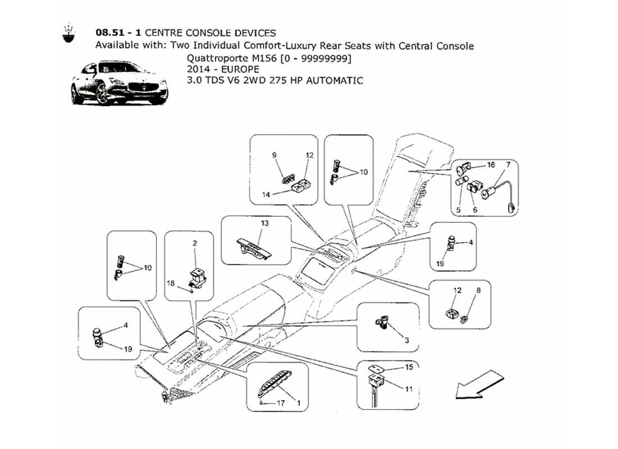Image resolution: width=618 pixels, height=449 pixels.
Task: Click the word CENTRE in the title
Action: [x=164, y=33]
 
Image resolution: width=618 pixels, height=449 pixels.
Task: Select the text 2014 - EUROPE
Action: [x=223, y=69]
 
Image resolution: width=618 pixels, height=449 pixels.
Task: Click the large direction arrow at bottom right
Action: [x=477, y=383]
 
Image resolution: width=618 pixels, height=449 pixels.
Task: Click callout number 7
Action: [x=508, y=164]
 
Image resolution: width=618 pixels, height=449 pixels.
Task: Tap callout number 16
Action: [x=490, y=165]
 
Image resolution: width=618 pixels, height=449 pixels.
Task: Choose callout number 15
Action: [x=409, y=368]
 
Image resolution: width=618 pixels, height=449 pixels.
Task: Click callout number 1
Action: [x=298, y=403]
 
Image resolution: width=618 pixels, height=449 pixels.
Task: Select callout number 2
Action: [x=195, y=244]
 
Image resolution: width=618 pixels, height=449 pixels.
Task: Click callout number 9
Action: [x=275, y=155]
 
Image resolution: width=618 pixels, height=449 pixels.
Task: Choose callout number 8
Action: [x=478, y=291]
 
